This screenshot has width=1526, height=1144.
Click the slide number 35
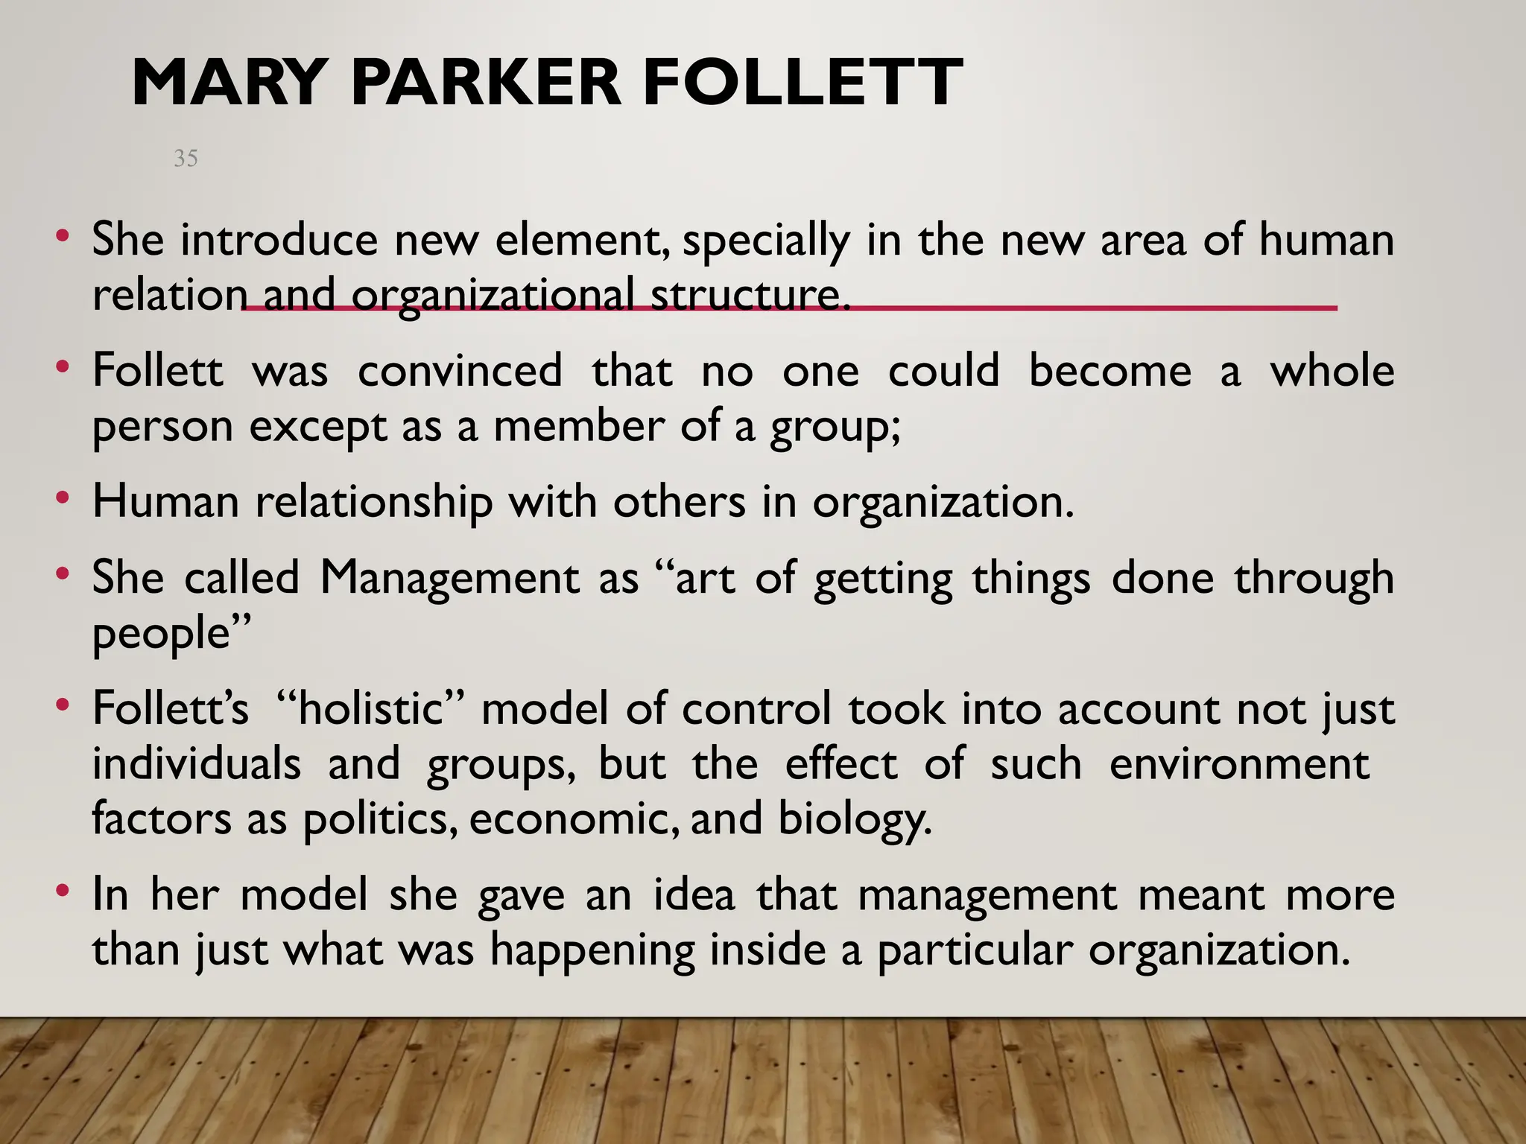pyautogui.click(x=186, y=158)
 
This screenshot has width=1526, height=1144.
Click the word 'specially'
pyautogui.click(x=765, y=241)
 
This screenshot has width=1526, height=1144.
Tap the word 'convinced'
pyautogui.click(x=460, y=371)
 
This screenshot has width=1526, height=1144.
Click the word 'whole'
pyautogui.click(x=1332, y=371)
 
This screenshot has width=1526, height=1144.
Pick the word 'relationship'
pyautogui.click(x=374, y=503)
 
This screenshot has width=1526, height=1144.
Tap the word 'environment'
pyautogui.click(x=1239, y=764)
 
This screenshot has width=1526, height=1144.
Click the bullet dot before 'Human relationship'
pyautogui.click(x=63, y=497)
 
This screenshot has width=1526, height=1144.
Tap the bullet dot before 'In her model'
pyautogui.click(x=63, y=890)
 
